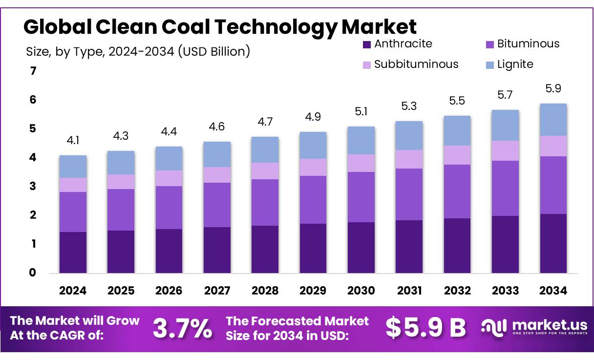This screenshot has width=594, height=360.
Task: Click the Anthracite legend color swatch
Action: point(367,44)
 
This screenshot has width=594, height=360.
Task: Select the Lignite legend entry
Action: point(515,64)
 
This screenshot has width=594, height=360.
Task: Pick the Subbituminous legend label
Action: point(416,64)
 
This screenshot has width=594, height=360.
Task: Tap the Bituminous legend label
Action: point(528,44)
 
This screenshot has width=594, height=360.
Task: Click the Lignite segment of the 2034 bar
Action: point(553,120)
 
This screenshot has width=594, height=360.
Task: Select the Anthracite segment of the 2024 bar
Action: point(73,252)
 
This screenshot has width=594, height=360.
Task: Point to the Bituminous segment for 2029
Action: point(313,199)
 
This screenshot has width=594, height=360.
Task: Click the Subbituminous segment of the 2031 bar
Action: point(409,159)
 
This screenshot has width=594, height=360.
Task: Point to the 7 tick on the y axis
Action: point(33,71)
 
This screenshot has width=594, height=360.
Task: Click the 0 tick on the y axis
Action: point(33,273)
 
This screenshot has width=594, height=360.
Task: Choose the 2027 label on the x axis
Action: point(217,291)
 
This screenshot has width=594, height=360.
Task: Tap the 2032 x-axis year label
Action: point(457,291)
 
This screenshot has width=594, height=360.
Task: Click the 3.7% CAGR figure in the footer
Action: point(182,329)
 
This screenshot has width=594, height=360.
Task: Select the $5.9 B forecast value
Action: point(425,328)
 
